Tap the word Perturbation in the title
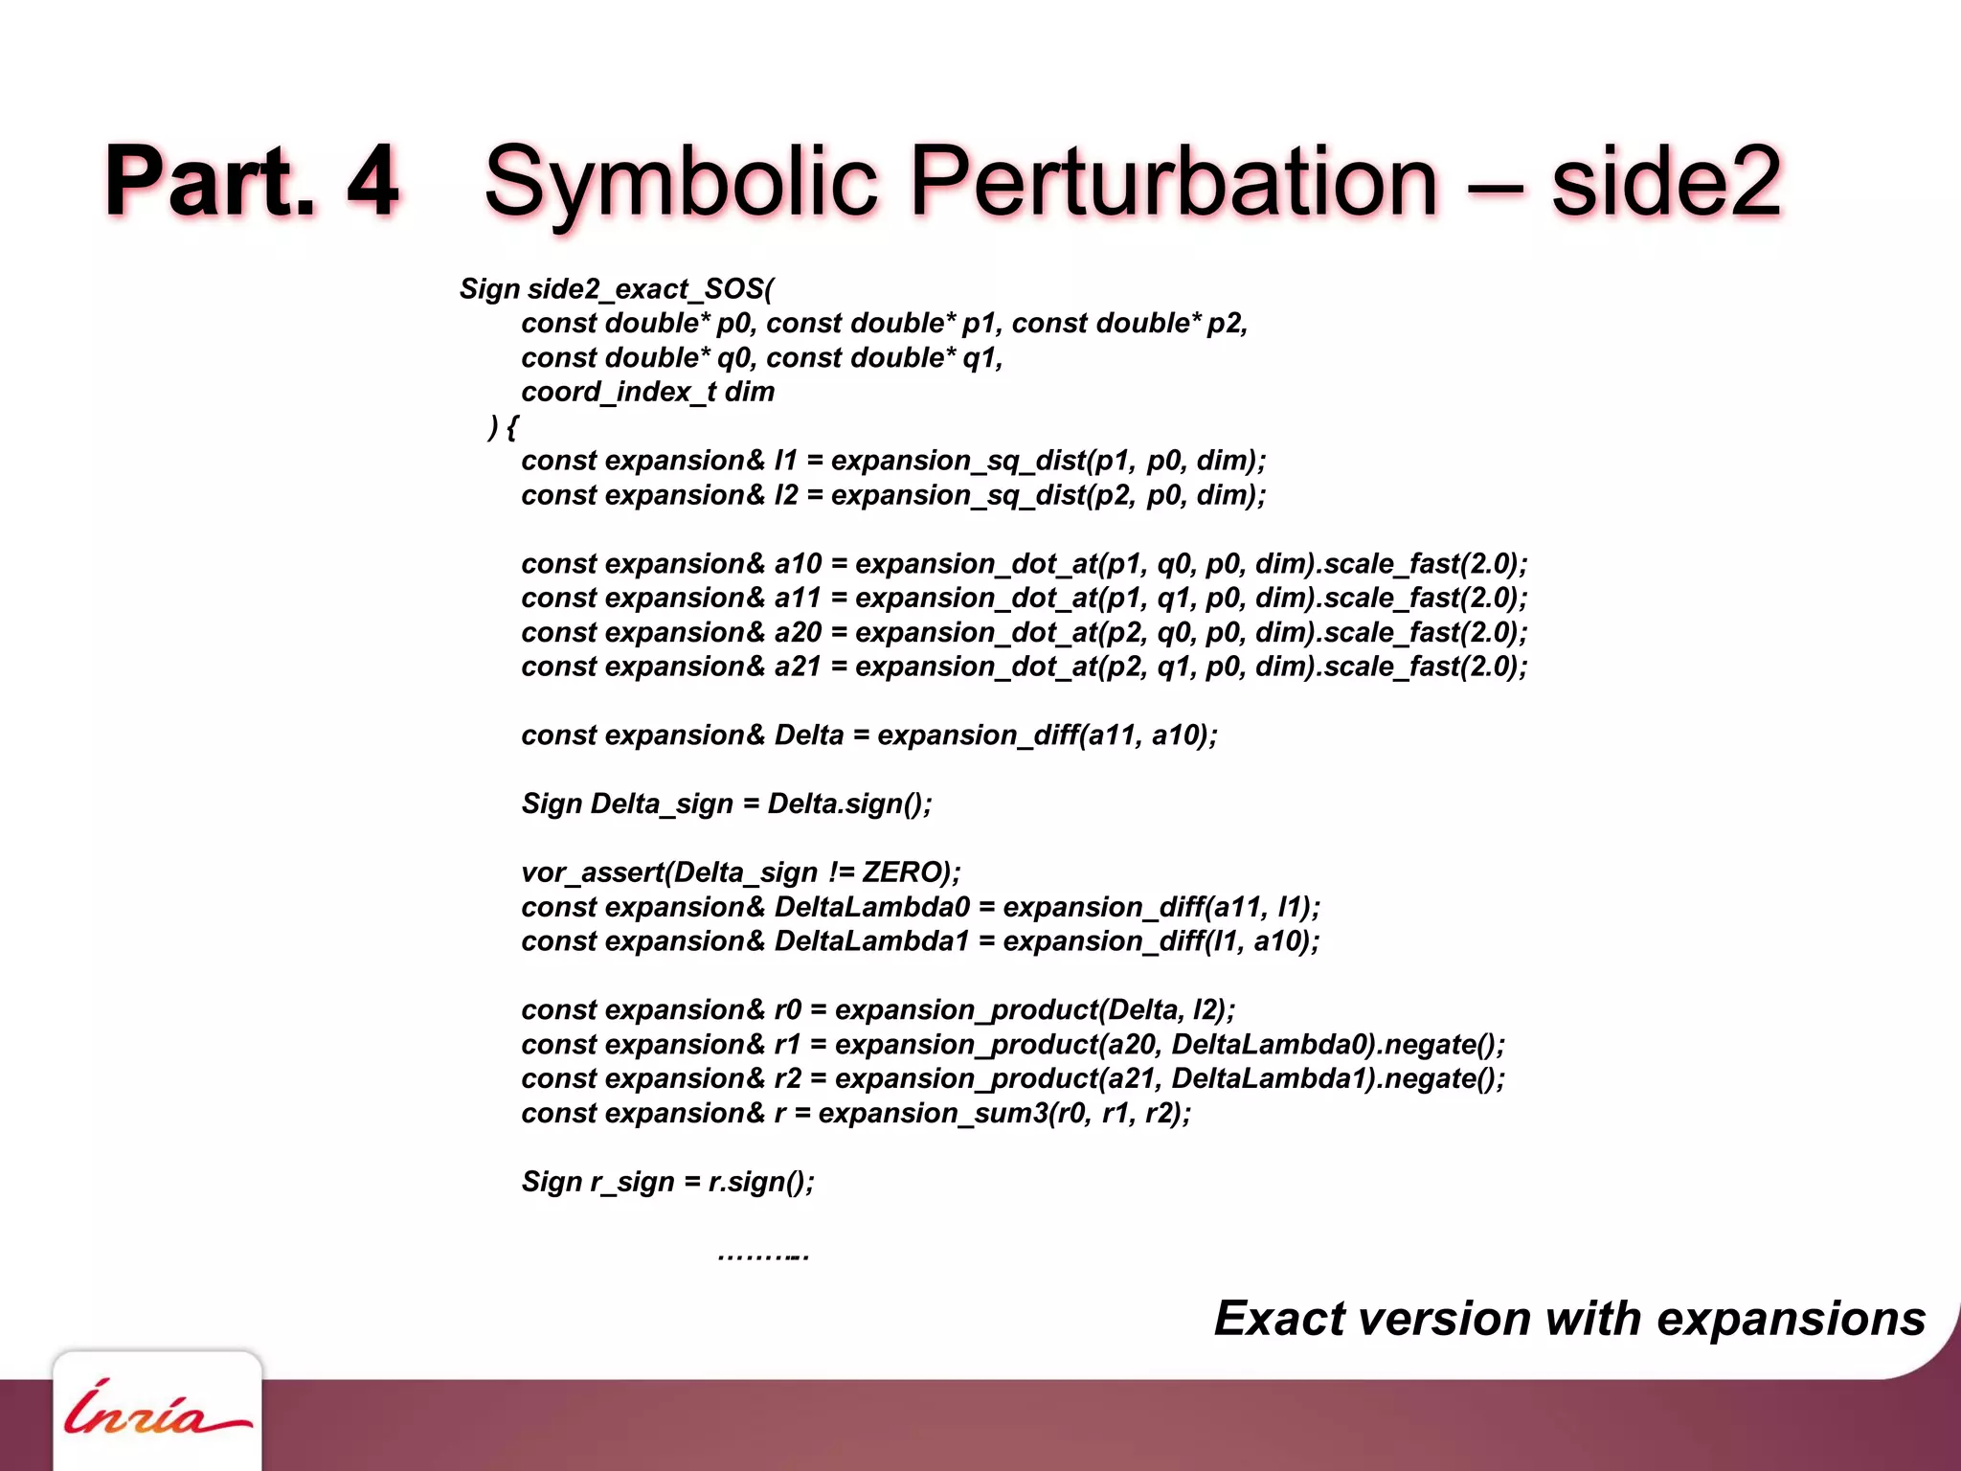pyautogui.click(x=1174, y=182)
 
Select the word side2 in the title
pyautogui.click(x=1665, y=182)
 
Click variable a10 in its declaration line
pyautogui.click(x=798, y=564)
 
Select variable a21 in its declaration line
pyautogui.click(x=798, y=667)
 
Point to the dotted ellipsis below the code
pyautogui.click(x=763, y=1256)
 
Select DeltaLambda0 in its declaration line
pyautogui.click(x=871, y=907)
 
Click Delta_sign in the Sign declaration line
pyautogui.click(x=661, y=803)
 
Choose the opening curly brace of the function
pyautogui.click(x=512, y=427)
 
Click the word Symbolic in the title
pyautogui.click(x=681, y=182)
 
